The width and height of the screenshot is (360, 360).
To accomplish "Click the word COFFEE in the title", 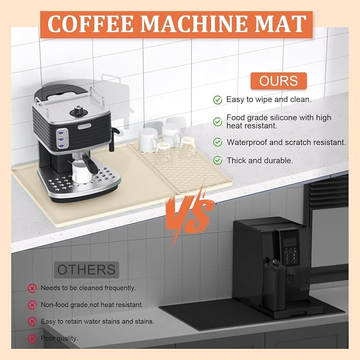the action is pyautogui.click(x=91, y=24).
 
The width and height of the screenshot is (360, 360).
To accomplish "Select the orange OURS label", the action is pyautogui.click(x=278, y=81).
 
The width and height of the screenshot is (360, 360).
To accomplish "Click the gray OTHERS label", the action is pyautogui.click(x=86, y=269).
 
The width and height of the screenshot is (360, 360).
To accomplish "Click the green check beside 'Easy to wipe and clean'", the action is pyautogui.click(x=218, y=100).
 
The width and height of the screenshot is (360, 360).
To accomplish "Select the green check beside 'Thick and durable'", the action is pyautogui.click(x=218, y=161).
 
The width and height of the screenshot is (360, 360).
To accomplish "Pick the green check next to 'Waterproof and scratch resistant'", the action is pyautogui.click(x=218, y=142).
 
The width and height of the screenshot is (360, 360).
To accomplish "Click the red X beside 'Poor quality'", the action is pyautogui.click(x=32, y=338).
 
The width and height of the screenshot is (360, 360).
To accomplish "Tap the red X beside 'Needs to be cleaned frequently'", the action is pyautogui.click(x=32, y=288).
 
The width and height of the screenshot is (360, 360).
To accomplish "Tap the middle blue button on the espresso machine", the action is pyautogui.click(x=61, y=139).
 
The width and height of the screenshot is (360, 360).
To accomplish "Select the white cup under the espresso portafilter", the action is pyautogui.click(x=81, y=172).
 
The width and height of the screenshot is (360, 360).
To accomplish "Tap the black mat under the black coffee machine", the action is pyautogui.click(x=230, y=314).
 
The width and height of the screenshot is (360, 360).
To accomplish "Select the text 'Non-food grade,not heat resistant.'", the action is pyautogui.click(x=92, y=305).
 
